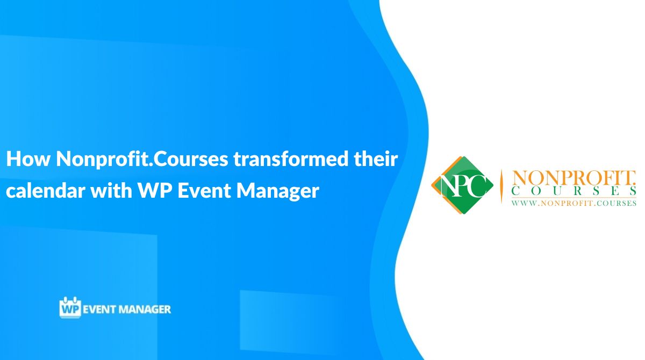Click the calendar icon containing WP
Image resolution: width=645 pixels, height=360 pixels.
click(69, 308)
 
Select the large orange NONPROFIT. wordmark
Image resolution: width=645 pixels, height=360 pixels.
click(574, 178)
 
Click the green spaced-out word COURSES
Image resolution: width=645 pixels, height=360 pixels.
click(574, 192)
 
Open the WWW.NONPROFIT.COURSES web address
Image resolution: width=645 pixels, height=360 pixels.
click(574, 203)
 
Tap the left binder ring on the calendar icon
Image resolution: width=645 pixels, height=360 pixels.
click(64, 298)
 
